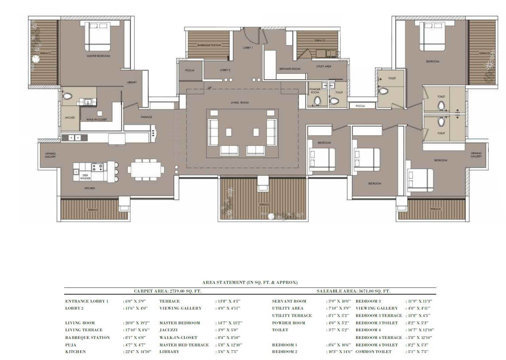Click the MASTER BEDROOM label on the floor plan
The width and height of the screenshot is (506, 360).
[98, 56]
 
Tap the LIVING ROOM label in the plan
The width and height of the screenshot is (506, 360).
[240, 103]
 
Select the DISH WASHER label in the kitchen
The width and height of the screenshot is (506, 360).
[85, 177]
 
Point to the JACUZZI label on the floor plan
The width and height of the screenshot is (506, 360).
[70, 118]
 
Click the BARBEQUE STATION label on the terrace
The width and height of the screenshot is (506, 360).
[209, 45]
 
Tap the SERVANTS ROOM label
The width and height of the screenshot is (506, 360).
[290, 69]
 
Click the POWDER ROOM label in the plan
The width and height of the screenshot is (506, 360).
[315, 91]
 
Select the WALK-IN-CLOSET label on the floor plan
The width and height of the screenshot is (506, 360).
[97, 119]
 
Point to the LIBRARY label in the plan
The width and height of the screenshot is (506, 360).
[132, 82]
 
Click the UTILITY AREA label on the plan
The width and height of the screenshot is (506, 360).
[324, 66]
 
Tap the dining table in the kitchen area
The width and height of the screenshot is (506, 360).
[146, 170]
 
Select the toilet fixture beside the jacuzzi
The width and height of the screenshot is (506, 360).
[67, 96]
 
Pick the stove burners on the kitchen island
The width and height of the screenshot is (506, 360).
[97, 167]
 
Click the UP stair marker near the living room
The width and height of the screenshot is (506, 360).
[210, 88]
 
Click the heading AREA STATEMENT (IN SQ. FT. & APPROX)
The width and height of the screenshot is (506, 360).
[250, 283]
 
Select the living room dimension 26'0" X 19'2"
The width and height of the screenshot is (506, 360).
[136, 323]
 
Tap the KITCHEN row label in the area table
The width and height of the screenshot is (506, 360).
[76, 352]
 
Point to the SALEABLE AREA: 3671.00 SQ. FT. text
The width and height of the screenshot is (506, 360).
[353, 291]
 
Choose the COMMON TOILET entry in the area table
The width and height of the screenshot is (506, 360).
[373, 352]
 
